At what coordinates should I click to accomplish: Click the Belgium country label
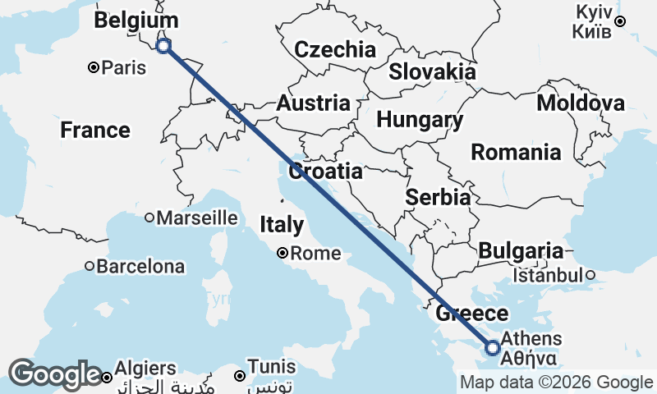136,21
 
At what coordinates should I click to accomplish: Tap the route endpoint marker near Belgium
163,46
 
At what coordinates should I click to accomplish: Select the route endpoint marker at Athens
493,348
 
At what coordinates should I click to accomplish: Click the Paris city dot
94,67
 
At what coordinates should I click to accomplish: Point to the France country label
95,131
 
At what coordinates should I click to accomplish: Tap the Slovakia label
432,71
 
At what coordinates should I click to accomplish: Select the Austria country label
313,104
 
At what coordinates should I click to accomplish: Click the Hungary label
420,120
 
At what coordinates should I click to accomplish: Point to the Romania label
517,152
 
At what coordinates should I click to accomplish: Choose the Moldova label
581,103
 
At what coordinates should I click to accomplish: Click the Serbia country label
438,198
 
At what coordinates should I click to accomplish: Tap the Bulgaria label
521,251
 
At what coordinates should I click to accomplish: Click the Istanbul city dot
590,275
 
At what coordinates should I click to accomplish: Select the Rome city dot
282,254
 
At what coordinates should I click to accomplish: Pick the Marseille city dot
149,218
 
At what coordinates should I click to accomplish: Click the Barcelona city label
140,267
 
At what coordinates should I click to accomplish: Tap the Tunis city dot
239,375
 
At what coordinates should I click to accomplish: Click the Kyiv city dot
621,21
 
